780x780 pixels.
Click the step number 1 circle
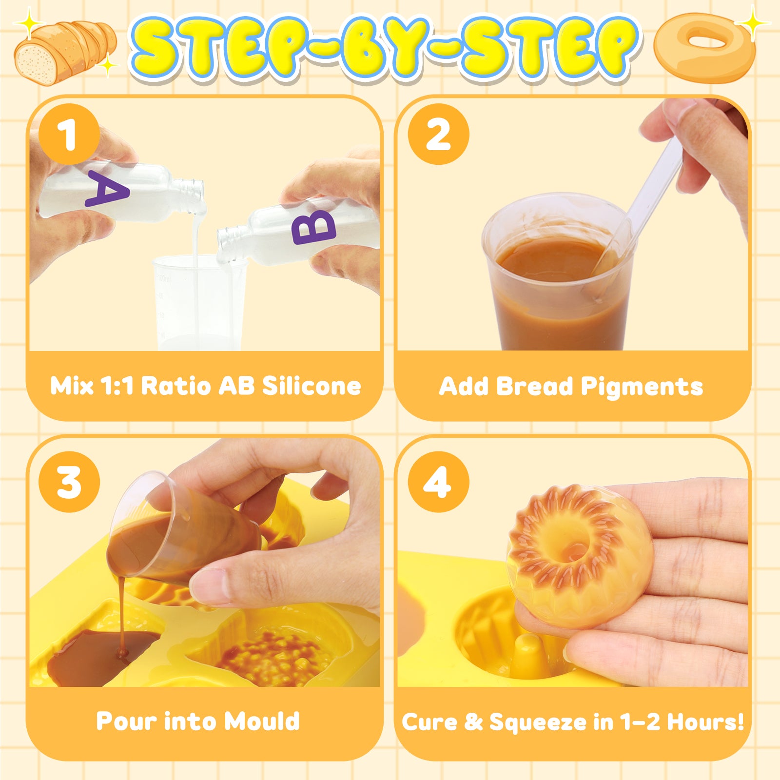[69, 134]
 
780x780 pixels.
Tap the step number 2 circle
[438, 134]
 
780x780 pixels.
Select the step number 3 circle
[69, 482]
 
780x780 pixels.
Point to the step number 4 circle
[438, 482]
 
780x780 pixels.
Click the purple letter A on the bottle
[107, 188]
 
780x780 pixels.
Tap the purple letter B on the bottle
[314, 227]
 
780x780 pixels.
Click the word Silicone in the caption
[312, 386]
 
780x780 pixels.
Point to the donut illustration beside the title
[704, 47]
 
